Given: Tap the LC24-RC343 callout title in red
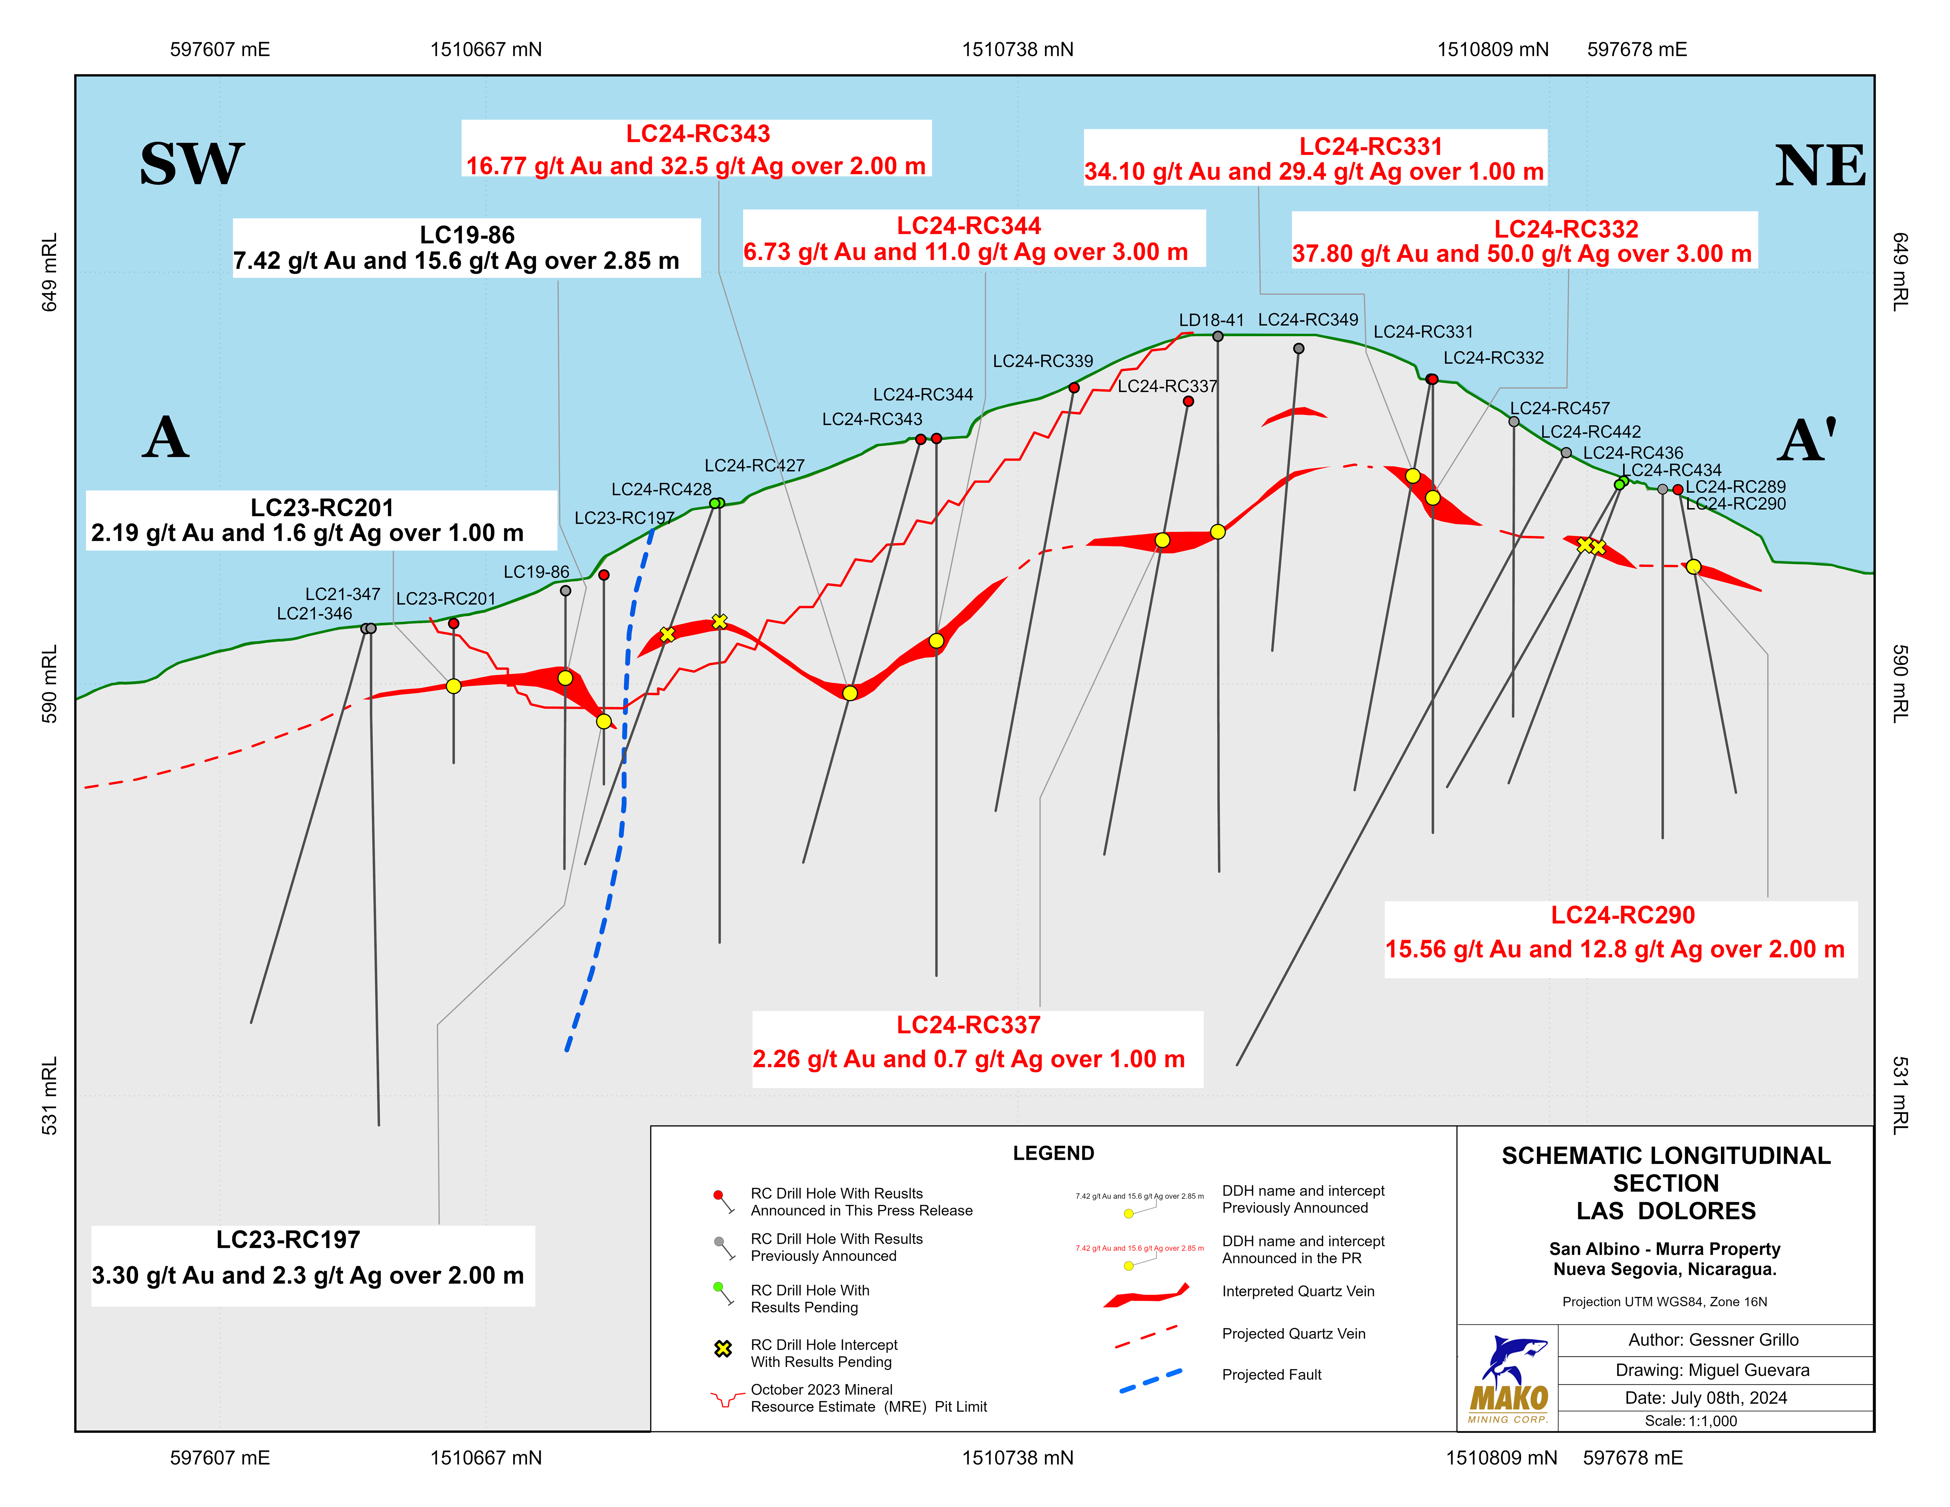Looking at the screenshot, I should coord(697,134).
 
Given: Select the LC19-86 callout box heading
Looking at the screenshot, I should coord(467,235).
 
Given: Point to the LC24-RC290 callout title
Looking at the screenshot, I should coord(1622,915).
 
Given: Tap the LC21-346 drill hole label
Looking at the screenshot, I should coord(314,613).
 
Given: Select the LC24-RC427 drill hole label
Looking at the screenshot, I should coord(755,465).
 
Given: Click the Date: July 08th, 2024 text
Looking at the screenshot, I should coord(1705,1397).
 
